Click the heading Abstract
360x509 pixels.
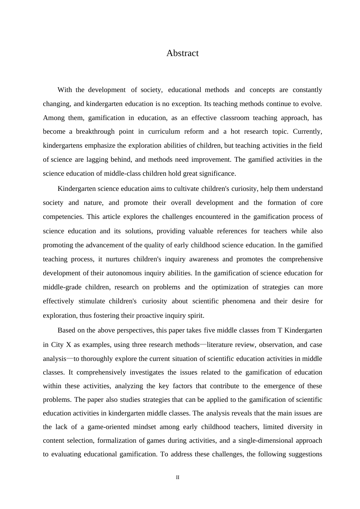coord(182,53)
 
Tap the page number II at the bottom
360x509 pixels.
coord(178,478)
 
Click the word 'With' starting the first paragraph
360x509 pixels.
coord(64,90)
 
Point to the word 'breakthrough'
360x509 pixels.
coord(95,131)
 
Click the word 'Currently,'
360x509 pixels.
coord(307,131)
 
